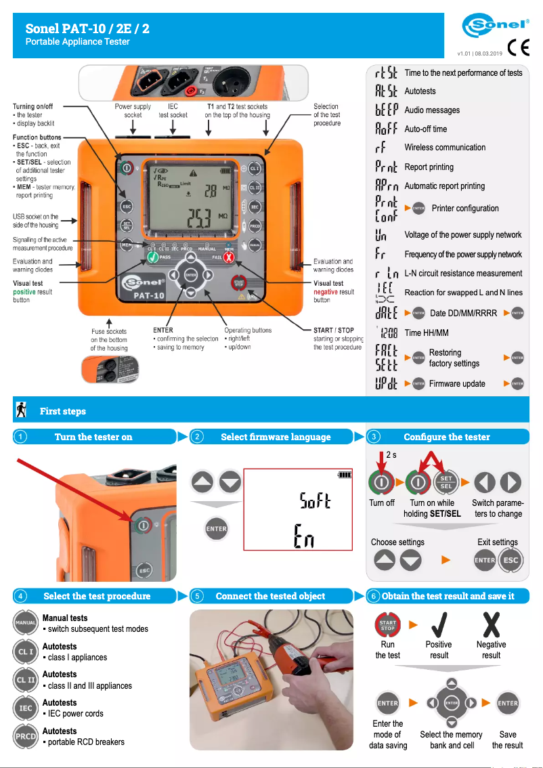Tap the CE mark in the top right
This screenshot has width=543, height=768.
click(x=519, y=48)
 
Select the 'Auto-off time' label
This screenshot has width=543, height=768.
click(x=426, y=129)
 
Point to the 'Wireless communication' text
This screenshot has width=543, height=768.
click(x=445, y=148)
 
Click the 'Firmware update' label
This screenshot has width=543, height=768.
click(x=457, y=383)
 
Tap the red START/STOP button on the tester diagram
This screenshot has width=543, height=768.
click(x=239, y=282)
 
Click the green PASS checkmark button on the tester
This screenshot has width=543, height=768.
click(x=153, y=258)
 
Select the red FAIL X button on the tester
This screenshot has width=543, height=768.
click(x=229, y=258)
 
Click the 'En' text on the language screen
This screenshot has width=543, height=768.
click(x=304, y=537)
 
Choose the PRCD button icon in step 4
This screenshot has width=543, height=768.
click(x=26, y=736)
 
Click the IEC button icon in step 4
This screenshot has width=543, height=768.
click(x=26, y=708)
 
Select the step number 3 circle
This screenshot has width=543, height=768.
click(x=375, y=437)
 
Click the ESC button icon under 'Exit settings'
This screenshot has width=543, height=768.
click(x=511, y=560)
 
